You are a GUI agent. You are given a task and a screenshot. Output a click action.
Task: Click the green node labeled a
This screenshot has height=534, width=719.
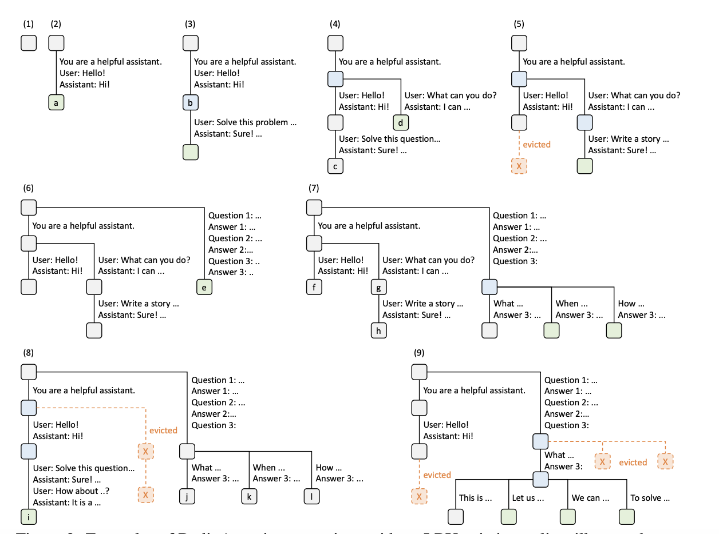coord(56,103)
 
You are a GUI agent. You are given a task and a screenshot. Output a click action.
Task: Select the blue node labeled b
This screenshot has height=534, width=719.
coord(191,103)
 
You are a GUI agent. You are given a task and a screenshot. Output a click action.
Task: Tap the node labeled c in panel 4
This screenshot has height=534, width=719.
coord(335,166)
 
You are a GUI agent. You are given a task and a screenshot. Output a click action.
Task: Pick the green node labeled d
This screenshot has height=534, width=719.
coord(401,122)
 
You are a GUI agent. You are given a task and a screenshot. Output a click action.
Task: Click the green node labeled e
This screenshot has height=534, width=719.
coord(204,286)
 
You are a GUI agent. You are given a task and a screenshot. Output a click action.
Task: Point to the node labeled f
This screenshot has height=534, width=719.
coord(314,286)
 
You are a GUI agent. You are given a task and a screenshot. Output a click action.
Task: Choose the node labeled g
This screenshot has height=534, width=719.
coord(378,286)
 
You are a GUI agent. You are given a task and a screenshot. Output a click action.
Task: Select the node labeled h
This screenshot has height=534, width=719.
coord(378,330)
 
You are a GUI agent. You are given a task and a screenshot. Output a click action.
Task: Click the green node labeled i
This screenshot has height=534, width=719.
coord(29,517)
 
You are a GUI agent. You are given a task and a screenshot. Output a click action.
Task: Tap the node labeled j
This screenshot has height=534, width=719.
coord(187,496)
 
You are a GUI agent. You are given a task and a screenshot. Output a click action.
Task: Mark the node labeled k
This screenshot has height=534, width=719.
coord(249,496)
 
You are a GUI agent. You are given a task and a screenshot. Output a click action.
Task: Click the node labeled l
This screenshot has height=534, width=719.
coord(311,496)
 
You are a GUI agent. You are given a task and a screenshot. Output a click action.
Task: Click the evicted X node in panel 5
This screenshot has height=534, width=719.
coord(519,166)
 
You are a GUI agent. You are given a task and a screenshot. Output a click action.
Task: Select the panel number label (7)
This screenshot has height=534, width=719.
coord(314,188)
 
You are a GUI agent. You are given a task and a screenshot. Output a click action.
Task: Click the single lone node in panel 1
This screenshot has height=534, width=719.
coord(29,43)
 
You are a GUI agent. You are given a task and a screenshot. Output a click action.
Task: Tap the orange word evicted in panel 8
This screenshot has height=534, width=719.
coord(163,430)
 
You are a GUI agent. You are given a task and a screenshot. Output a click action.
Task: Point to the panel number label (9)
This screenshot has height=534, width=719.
coord(419,353)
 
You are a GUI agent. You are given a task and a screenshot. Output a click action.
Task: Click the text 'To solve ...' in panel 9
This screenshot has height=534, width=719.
coord(650,497)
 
